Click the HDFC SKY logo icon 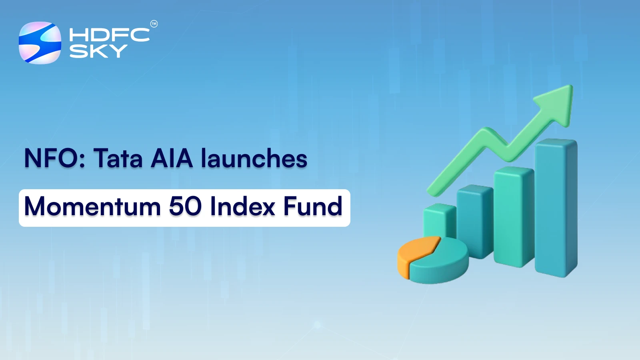(x=40, y=43)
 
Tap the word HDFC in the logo (x=109, y=35)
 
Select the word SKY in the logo (x=98, y=51)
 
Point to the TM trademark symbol (x=154, y=24)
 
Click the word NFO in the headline (x=52, y=158)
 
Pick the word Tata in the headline (x=118, y=158)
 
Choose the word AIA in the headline (x=172, y=158)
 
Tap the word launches (x=254, y=158)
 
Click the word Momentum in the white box (x=92, y=207)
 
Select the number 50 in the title (x=185, y=207)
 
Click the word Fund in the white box (x=313, y=207)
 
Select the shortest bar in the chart (x=439, y=220)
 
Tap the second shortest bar (x=474, y=220)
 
